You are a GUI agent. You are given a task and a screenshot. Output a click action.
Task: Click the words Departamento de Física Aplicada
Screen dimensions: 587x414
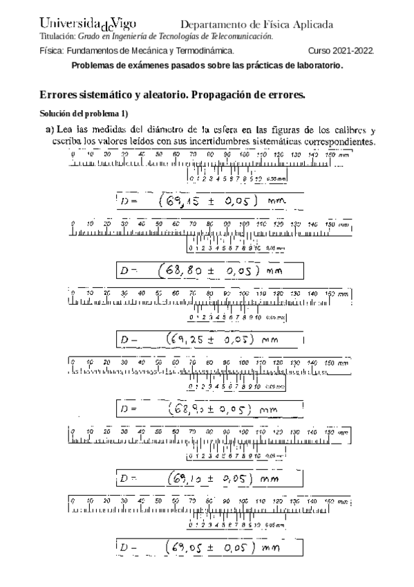[x=256, y=25]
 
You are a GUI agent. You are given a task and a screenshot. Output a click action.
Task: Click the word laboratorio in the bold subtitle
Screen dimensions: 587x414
[x=315, y=65]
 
